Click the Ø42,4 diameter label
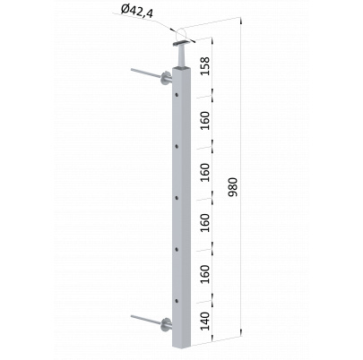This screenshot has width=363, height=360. [137, 12]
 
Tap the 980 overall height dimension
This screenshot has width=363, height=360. [233, 187]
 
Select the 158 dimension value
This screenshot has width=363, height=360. [205, 65]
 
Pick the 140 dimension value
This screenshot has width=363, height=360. [205, 321]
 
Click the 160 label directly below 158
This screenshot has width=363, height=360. [205, 120]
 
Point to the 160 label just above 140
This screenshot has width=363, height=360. [205, 274]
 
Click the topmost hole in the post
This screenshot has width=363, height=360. [177, 96]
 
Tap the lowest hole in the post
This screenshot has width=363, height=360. [177, 301]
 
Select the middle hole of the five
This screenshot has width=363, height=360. [177, 198]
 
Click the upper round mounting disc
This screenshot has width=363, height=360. [165, 79]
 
